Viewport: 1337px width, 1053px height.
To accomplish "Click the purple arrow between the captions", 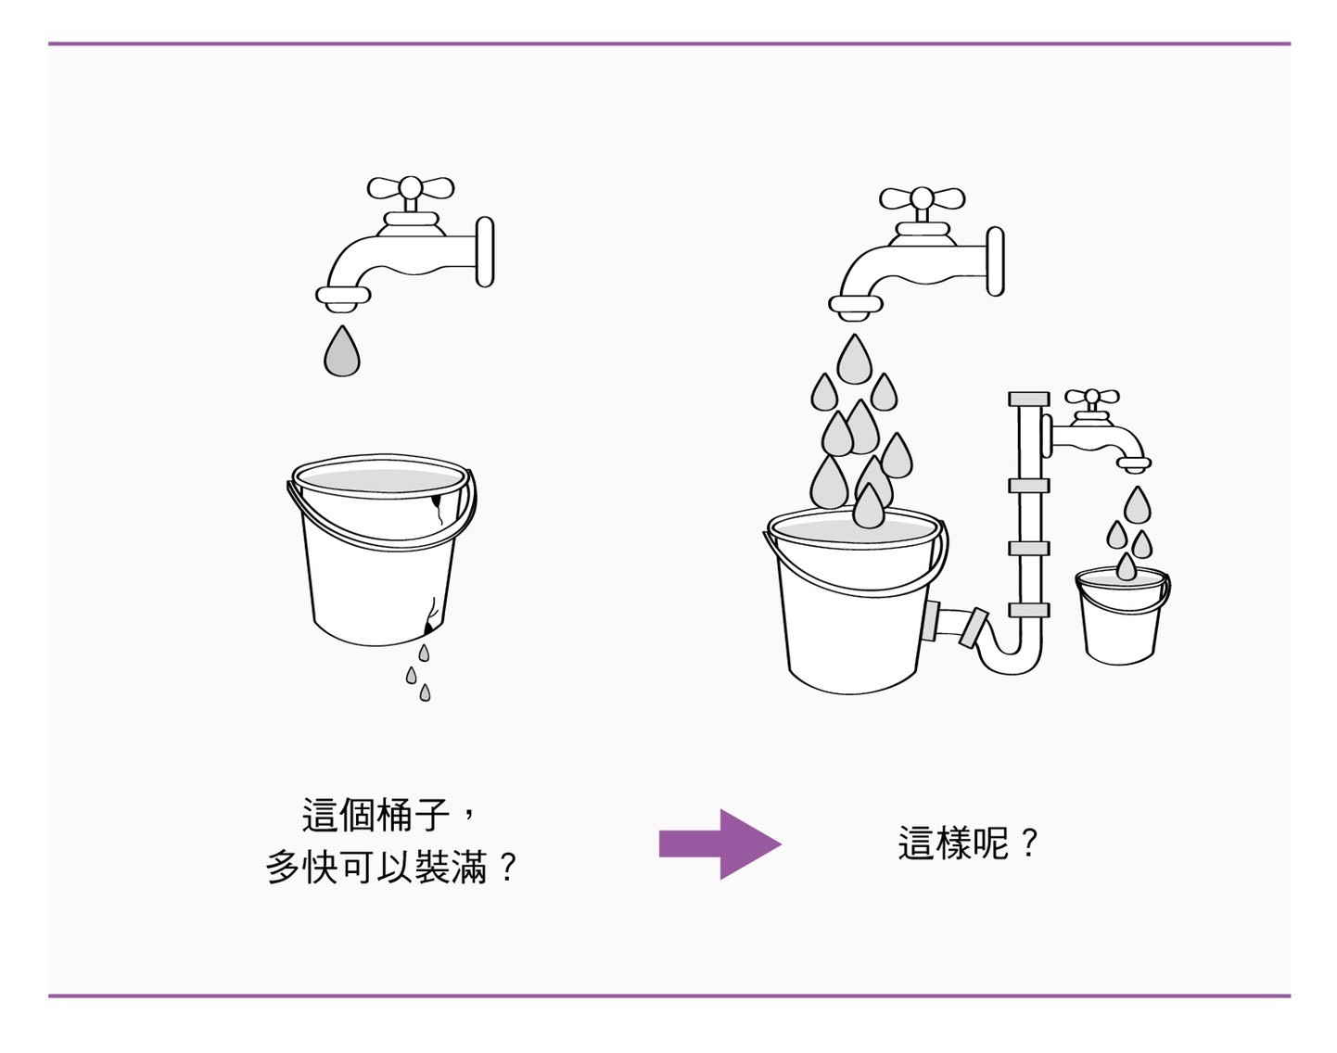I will point(719,844).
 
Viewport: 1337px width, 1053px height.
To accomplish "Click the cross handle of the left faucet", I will point(410,189).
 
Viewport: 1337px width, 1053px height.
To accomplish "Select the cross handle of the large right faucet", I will point(922,198).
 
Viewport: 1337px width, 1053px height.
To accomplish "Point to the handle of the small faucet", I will point(1092,398).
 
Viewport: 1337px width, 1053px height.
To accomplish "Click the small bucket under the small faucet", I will point(1121,616).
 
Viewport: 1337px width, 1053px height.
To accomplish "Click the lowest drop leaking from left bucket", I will point(425,692).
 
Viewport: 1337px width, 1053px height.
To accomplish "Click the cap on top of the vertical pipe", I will point(1028,400).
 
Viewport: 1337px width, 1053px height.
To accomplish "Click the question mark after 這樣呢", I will point(1028,844).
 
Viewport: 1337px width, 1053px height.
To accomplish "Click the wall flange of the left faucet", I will point(484,252).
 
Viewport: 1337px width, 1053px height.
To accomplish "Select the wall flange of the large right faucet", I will point(994,262).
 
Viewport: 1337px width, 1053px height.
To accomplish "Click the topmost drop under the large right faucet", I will point(854,361).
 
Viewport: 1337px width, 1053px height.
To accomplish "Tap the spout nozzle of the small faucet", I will point(1133,465).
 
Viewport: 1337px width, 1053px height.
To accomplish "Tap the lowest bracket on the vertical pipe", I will point(1028,610).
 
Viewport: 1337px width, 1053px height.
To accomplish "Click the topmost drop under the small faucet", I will point(1137,506).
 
